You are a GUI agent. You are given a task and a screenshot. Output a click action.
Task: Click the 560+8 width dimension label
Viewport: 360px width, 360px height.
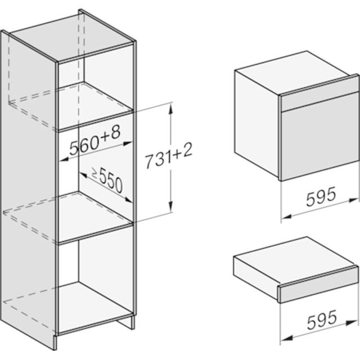95,141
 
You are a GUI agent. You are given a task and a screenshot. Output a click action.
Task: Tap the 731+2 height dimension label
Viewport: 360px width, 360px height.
169,156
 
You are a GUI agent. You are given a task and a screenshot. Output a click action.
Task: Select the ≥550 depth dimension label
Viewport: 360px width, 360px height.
107,180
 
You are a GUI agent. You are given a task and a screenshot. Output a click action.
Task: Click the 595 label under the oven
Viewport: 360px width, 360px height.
321,196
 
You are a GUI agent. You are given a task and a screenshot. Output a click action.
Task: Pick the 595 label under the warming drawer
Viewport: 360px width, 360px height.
322,319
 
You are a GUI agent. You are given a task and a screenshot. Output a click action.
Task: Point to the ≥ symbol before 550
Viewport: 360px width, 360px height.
95,173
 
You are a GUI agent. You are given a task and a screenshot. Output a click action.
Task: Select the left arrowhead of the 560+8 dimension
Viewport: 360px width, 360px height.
64,159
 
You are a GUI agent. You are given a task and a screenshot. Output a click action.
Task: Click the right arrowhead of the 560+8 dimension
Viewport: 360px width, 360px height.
128,143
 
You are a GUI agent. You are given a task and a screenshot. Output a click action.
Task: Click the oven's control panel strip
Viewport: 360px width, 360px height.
319,102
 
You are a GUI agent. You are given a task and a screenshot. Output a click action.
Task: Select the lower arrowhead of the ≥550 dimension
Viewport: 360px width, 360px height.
128,199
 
